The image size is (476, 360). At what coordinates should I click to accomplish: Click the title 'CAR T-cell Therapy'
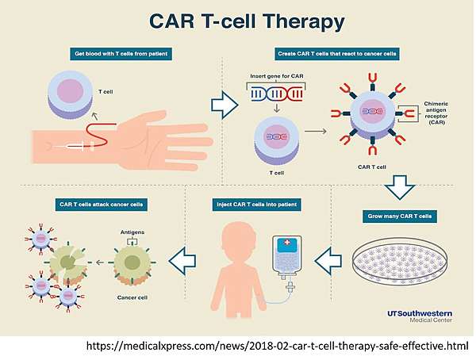247,22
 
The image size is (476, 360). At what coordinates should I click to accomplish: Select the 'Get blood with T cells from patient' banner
121,54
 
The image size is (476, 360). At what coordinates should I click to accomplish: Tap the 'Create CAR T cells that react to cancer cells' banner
337,54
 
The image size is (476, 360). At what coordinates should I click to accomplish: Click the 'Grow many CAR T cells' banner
400,216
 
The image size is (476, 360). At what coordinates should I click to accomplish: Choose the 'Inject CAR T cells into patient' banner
256,205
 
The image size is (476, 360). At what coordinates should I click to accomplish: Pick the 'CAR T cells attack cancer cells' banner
102,205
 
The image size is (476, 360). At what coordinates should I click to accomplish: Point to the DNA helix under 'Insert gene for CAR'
276,94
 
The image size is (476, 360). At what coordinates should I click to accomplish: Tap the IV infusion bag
287,255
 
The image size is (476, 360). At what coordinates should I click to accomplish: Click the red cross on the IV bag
286,242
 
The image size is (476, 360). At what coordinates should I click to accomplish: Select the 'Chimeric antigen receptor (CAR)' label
436,113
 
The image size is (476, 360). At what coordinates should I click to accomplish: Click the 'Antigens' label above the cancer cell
132,232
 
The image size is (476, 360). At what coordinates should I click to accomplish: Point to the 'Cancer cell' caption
132,297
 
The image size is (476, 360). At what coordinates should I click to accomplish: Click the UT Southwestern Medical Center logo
420,316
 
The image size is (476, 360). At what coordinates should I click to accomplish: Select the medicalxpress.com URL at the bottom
277,346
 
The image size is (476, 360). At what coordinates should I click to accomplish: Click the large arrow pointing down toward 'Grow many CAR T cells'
400,187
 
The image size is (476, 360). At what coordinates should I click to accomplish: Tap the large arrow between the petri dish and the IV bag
328,261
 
